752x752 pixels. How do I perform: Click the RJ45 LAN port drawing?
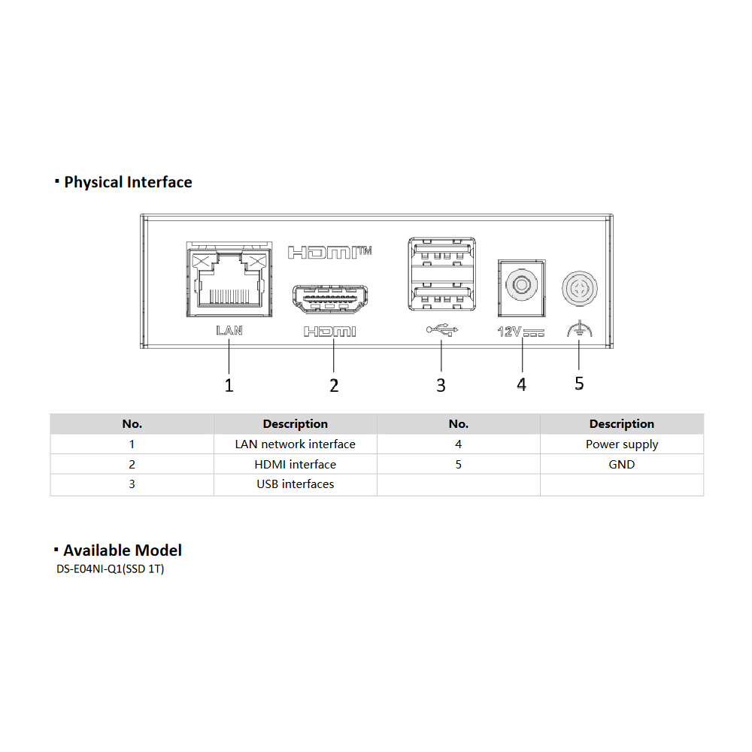[229, 279]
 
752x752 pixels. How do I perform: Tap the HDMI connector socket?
[330, 299]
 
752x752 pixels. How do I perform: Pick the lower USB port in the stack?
[441, 297]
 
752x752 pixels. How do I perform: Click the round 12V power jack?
[521, 285]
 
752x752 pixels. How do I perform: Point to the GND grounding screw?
[579, 289]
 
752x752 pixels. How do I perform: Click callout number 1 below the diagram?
[229, 385]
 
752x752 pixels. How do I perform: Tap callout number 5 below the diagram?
[579, 384]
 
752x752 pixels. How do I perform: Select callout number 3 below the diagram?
[441, 385]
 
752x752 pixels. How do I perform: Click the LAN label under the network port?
[229, 330]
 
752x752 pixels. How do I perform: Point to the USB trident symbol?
[441, 330]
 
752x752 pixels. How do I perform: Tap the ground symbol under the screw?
[579, 329]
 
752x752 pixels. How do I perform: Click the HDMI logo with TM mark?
[330, 252]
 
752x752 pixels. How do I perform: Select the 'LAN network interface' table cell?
[296, 444]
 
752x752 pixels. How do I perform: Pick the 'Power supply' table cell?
[622, 444]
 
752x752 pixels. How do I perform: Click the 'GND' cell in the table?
[622, 464]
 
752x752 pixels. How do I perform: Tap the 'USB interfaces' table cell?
[296, 484]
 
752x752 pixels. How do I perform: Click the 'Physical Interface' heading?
[128, 182]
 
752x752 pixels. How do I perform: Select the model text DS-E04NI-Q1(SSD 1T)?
[111, 569]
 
